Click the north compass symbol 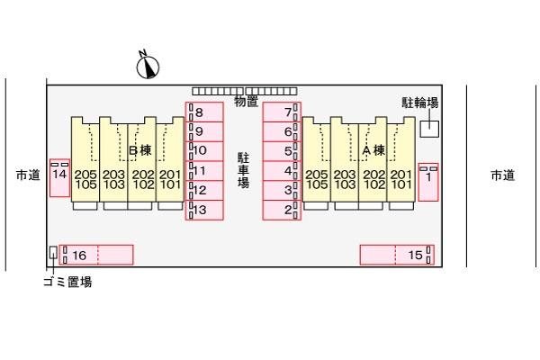148,66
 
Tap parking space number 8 204,112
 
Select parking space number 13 204,210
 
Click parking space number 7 282,112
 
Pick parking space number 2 282,210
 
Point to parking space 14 60,178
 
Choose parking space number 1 428,182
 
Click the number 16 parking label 79,256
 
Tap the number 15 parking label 415,255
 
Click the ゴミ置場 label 67,282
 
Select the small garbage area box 53,252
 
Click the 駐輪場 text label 420,103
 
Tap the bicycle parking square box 429,129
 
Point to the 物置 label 246,102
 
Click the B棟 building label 140,150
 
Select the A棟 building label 373,150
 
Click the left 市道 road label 28,175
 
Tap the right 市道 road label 503,175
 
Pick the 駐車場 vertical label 243,170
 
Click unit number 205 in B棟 85,175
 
